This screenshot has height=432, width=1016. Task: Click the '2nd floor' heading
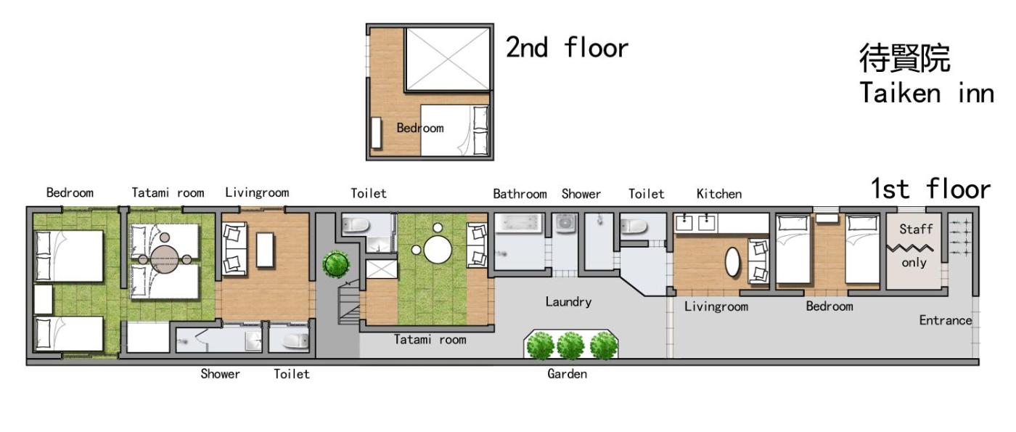coord(567,48)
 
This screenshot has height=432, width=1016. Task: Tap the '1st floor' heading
coord(930,189)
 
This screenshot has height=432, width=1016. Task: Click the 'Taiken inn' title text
coord(927,93)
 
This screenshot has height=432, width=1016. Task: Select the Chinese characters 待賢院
coord(904,58)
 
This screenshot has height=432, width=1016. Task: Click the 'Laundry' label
coord(568,302)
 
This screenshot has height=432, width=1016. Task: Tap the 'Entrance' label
coord(945,320)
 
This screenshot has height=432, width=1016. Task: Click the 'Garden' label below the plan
coord(567,374)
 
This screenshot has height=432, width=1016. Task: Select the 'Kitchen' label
coord(719,195)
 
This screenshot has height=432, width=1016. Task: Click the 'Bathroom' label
coord(520,195)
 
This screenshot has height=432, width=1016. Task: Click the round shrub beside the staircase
coord(336,264)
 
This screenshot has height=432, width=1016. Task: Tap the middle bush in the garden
coord(570,346)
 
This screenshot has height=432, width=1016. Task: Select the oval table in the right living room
coord(732,262)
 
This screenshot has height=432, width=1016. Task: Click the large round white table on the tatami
coord(438,250)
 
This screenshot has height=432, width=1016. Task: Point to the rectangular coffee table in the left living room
coord(265,250)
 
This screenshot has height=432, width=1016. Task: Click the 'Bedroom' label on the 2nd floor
coord(420,128)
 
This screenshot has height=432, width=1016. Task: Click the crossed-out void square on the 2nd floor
coord(448,59)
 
